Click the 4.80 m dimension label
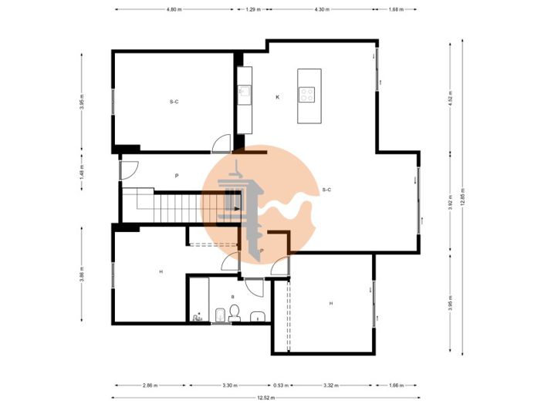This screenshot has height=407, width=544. [174, 9]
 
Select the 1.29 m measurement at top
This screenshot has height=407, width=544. [252, 9]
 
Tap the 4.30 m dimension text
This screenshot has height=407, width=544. [322, 9]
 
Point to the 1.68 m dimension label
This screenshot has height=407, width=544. [396, 9]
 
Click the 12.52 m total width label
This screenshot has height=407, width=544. [266, 397]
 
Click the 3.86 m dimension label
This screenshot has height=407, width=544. [82, 274]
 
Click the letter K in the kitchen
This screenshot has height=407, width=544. [278, 97]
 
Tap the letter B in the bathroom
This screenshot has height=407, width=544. [232, 296]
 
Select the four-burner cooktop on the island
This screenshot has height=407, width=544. [307, 96]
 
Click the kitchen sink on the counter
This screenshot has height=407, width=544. [244, 93]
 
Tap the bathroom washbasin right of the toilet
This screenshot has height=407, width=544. [257, 315]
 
